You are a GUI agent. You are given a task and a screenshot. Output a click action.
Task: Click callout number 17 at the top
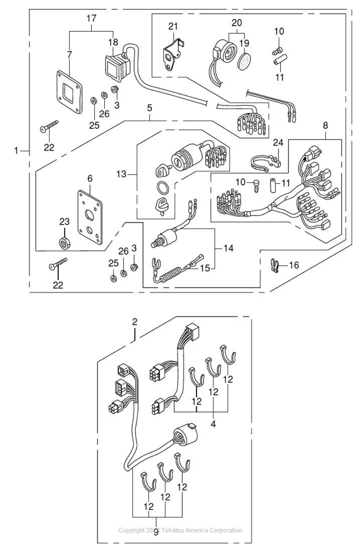(92, 18)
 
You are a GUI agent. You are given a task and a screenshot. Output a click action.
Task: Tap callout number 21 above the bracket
(173, 26)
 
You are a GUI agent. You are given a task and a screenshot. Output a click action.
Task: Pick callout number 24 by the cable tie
(278, 142)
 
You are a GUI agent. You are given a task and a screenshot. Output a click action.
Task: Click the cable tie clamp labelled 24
(265, 162)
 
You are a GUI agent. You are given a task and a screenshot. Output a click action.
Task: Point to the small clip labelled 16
(275, 266)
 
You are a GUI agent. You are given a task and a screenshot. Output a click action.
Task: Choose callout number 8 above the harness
(325, 125)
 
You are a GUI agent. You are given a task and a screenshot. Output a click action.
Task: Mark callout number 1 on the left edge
(16, 151)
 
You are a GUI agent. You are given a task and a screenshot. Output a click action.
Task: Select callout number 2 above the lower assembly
(135, 322)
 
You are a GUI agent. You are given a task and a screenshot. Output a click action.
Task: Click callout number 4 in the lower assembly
(213, 424)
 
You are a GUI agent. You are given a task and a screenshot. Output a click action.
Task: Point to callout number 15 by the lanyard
(205, 267)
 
